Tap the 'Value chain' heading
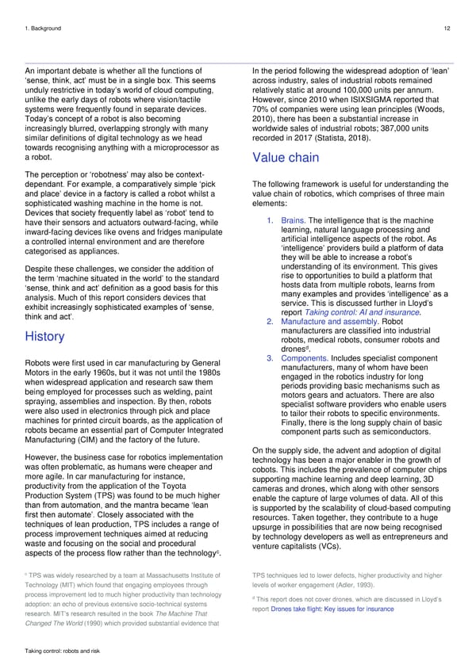(286, 157)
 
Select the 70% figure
(258, 115)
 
